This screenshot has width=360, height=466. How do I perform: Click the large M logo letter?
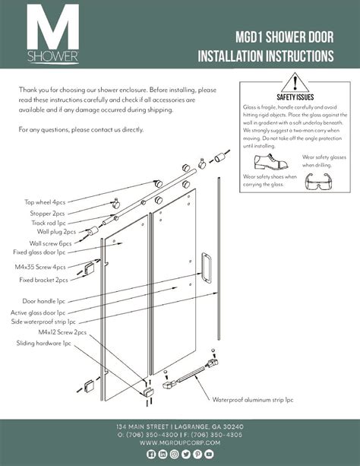(x=53, y=27)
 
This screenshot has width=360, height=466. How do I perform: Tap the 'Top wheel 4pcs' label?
(x=45, y=202)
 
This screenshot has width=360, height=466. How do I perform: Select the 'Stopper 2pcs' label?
(x=47, y=214)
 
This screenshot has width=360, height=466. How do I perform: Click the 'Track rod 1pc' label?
(x=49, y=223)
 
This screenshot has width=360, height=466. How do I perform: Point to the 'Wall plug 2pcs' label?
(x=56, y=232)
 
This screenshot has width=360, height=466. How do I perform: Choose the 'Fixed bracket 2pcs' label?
(x=43, y=280)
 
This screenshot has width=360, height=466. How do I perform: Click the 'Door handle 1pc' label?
(x=43, y=301)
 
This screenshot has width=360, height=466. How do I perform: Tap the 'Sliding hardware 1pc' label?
(x=43, y=344)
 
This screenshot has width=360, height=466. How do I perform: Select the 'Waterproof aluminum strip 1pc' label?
(x=253, y=400)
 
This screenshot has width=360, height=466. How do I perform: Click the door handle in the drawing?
(x=206, y=267)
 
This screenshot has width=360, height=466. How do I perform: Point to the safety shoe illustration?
(x=271, y=162)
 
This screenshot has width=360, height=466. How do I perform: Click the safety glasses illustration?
(x=318, y=181)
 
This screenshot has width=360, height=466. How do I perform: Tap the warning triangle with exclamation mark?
(x=295, y=83)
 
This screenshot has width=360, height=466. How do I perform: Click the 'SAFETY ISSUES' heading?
(x=295, y=97)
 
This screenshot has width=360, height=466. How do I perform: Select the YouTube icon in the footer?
(x=209, y=454)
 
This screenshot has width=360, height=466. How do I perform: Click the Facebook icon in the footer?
(x=151, y=454)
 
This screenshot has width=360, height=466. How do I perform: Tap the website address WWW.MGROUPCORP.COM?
(x=180, y=443)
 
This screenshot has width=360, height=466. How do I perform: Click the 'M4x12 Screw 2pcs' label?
(x=62, y=332)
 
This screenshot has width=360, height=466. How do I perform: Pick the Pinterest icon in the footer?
(x=197, y=454)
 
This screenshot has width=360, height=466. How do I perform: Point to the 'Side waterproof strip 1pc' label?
(x=43, y=322)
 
